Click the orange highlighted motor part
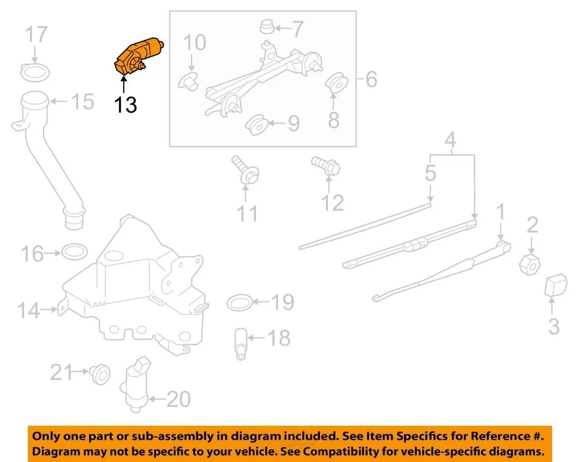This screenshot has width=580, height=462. [x=138, y=56]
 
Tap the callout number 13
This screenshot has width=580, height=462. [x=126, y=105]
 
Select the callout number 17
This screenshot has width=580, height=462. [x=36, y=34]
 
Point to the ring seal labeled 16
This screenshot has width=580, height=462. [x=74, y=250]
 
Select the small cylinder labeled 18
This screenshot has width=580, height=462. [x=240, y=344]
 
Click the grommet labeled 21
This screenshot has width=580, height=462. [x=97, y=375]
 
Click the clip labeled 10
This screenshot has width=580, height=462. [x=190, y=81]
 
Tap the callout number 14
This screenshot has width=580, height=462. [x=29, y=311]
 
